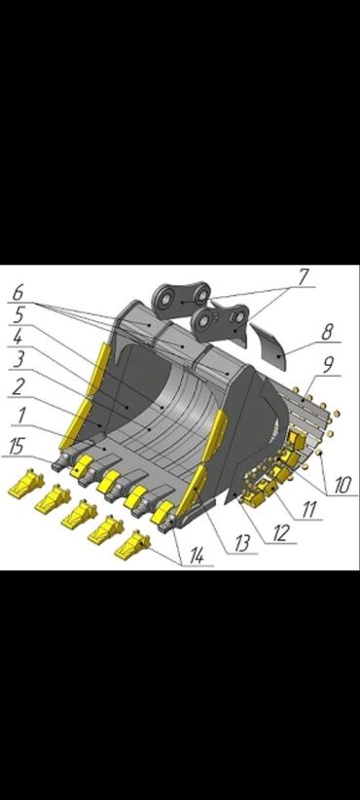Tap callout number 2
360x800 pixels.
coord(18,386)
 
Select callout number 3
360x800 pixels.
coord(18,359)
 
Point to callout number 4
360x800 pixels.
coord(18,336)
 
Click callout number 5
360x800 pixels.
coord(18,314)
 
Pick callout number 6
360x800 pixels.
coord(18,292)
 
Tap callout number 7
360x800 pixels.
coord(304,276)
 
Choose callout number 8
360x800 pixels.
coord(327,332)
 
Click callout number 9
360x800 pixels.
coord(328,365)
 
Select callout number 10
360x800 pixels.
coord(342,486)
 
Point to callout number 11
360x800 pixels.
coord(309,509)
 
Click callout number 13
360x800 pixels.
coord(242,544)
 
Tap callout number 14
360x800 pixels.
coord(198,556)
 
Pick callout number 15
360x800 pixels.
coord(17,447)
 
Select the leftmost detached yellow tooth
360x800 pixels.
coord(25,483)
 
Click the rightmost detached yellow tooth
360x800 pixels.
coord(131,546)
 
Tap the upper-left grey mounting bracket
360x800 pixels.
coord(182,300)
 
